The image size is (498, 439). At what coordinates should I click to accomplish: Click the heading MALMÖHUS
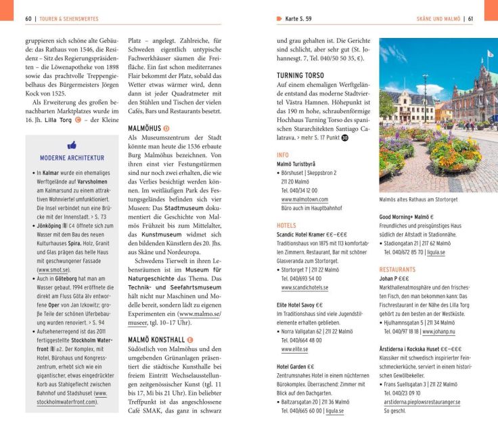click(x=144, y=127)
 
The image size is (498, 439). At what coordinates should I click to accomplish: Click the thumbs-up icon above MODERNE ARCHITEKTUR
click(x=72, y=145)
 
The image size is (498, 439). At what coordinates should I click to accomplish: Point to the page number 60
click(x=29, y=19)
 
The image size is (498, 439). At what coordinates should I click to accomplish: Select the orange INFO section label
click(x=283, y=155)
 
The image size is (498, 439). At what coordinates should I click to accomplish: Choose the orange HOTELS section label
click(x=286, y=225)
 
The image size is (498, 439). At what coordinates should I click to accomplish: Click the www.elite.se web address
click(x=294, y=349)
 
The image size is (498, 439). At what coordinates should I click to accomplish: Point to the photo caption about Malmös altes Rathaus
click(x=418, y=199)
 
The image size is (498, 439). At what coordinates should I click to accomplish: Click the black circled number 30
click(x=344, y=138)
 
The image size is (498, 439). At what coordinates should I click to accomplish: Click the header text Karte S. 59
click(x=298, y=19)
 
